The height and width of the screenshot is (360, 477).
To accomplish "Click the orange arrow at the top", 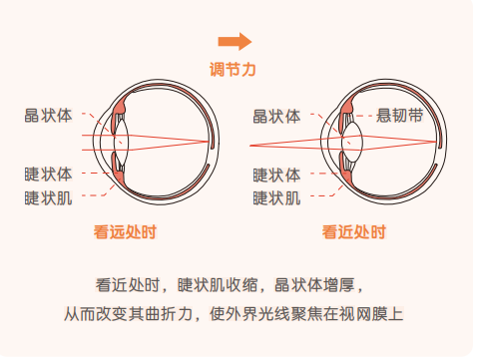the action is coord(235,42).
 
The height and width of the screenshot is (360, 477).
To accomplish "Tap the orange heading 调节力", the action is coord(233,70).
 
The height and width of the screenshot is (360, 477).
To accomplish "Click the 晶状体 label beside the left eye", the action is coord(48,116).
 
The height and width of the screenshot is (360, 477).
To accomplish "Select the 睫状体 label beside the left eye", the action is coord(48,174).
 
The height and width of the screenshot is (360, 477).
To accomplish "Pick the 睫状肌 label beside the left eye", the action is coord(48,197).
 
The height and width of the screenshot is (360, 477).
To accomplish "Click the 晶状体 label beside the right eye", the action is coord(276,117).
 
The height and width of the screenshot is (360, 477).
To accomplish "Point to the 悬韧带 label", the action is coord(399,116).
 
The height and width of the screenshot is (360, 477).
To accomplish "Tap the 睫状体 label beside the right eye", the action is coord(276,175).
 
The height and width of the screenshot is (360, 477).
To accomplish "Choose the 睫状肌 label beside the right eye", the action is coord(276,198).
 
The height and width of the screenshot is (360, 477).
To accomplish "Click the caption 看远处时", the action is coord(125,231).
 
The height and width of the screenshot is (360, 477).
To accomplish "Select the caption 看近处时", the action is coord(354,231).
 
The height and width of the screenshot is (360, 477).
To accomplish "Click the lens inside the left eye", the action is coord(121,142).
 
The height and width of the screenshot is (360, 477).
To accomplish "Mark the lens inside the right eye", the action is coord(352,142).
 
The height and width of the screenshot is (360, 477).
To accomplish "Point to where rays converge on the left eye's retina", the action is coord(209,142).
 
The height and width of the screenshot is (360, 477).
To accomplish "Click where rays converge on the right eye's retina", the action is coord(436,142).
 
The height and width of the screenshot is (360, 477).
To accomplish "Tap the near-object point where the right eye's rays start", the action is coord(250,146).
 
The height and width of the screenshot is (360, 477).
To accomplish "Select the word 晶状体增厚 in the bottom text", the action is coord(314,285).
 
